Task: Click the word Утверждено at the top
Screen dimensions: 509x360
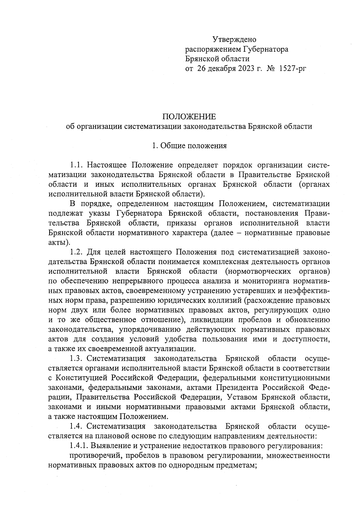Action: (234, 39)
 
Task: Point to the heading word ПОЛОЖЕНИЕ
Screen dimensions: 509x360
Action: (189, 116)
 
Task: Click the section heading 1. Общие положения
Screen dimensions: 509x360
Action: (189, 146)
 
